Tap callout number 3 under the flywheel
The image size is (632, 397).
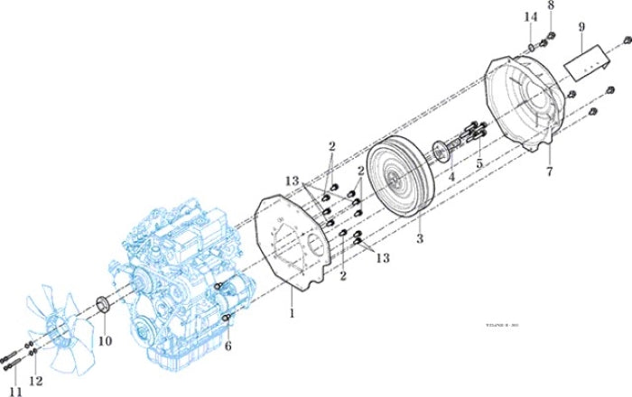(418, 240)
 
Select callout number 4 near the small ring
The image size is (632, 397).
(451, 179)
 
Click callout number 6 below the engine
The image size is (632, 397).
(228, 346)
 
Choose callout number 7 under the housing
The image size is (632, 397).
(547, 171)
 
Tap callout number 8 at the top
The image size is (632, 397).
(550, 6)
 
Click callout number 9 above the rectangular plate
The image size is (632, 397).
(581, 27)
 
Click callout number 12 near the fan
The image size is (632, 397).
(35, 381)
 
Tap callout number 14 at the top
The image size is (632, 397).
(531, 16)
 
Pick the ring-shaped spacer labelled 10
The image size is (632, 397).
(102, 304)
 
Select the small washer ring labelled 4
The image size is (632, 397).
(441, 150)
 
